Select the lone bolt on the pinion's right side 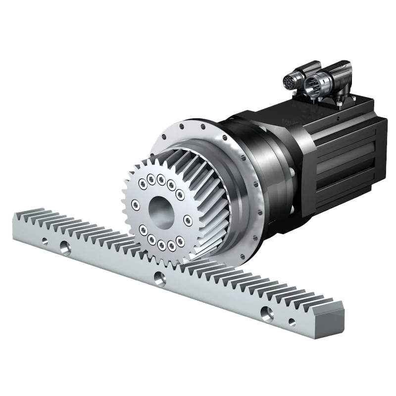pos(187,218)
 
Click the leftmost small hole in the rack pos(45,241)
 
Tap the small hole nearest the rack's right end pos(292,322)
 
